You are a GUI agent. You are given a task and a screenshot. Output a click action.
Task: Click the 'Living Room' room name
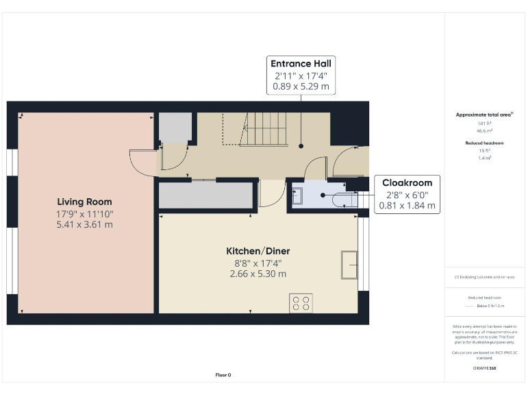(x=84, y=202)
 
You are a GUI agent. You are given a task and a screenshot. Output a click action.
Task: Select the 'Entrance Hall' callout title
(x=301, y=64)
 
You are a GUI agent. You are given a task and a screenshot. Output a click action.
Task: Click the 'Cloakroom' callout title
(x=407, y=183)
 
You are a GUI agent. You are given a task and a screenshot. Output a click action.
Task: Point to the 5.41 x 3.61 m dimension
(x=84, y=225)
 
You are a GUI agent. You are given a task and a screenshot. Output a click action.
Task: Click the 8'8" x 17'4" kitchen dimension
(x=258, y=263)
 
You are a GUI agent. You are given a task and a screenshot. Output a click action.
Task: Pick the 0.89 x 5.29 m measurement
(x=301, y=87)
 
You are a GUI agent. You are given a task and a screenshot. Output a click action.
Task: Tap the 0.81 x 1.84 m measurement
(x=407, y=206)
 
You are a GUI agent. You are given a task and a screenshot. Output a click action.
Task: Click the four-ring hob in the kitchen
(x=301, y=302)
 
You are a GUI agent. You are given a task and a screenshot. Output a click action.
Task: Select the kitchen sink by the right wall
(x=349, y=265)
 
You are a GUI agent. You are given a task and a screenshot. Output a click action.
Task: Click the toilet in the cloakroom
(x=342, y=199)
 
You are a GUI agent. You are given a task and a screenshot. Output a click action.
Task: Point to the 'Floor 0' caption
(x=223, y=375)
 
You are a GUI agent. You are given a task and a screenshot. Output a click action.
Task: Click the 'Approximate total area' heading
(x=484, y=115)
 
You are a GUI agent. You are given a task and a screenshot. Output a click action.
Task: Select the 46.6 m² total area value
(x=484, y=130)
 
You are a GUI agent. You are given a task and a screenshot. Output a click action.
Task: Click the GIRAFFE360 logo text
(x=484, y=368)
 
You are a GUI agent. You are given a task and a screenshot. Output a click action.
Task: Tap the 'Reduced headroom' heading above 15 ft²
(x=484, y=143)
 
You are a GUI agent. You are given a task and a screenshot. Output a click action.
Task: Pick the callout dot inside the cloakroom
(x=323, y=195)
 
